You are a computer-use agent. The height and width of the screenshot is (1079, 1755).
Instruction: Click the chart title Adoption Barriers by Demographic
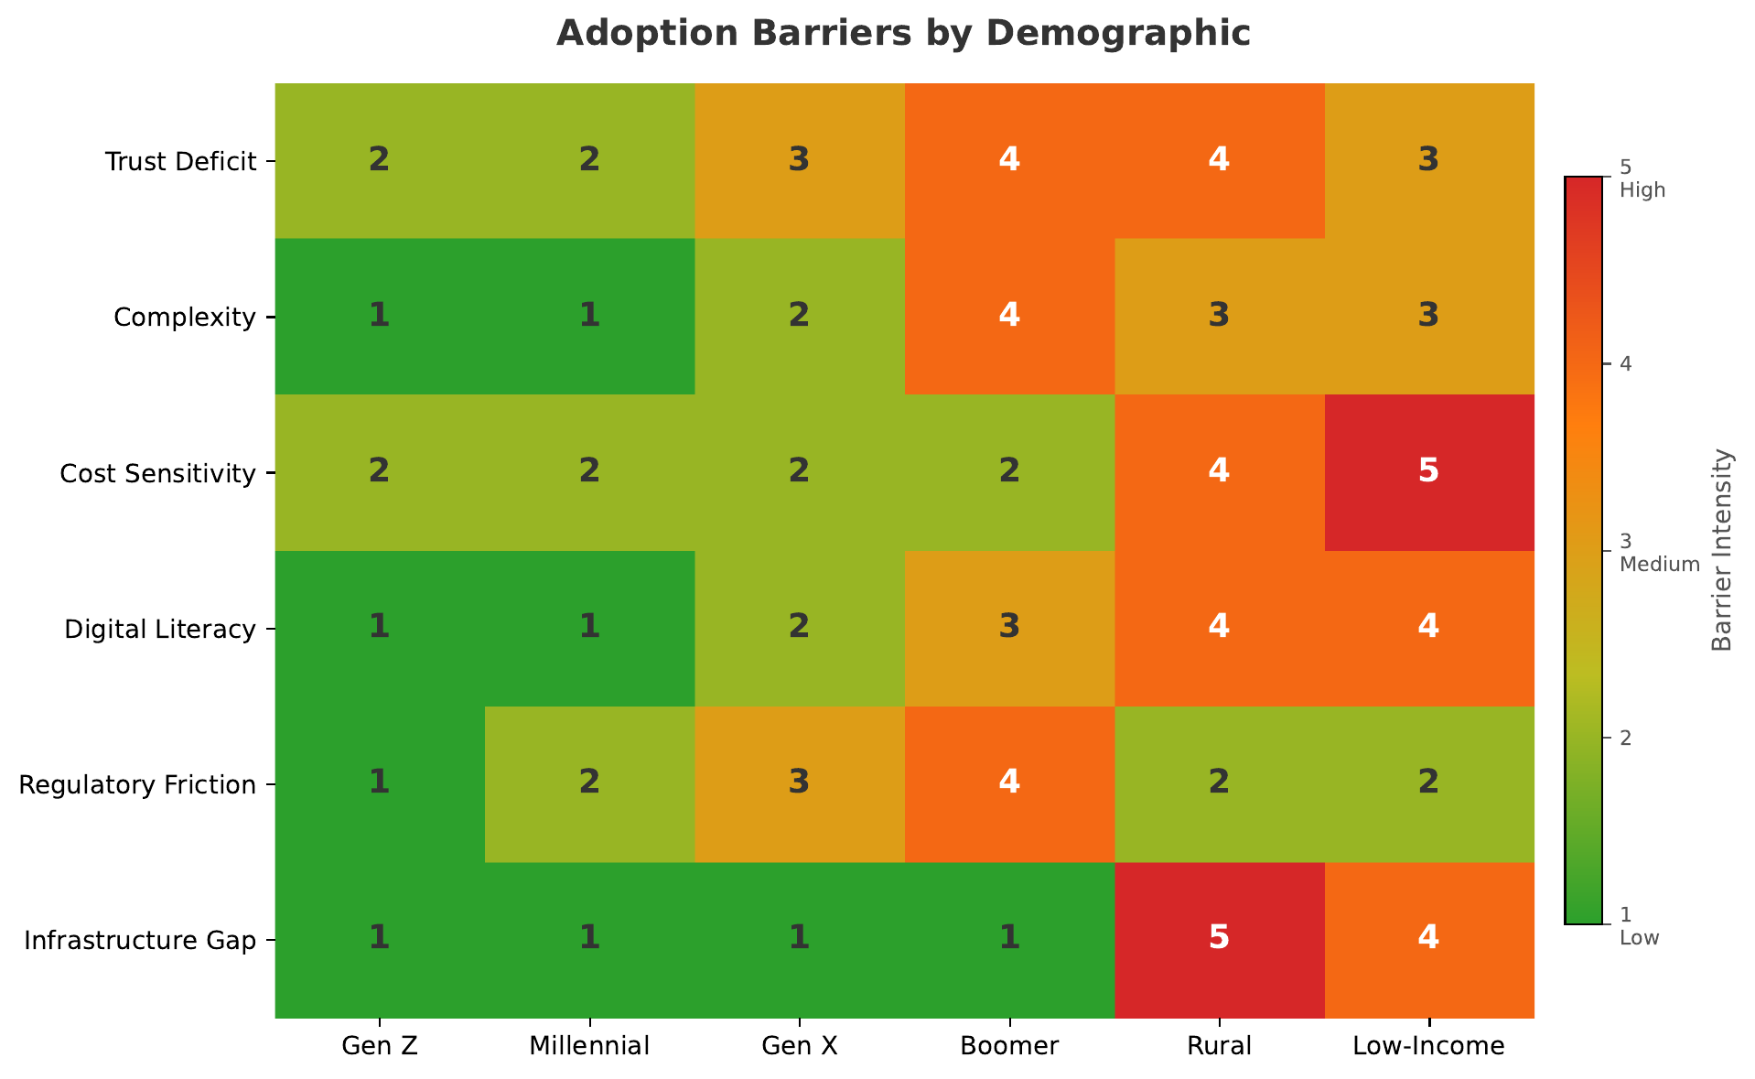tap(903, 33)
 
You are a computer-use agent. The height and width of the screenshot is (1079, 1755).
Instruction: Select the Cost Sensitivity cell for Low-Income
tap(1429, 472)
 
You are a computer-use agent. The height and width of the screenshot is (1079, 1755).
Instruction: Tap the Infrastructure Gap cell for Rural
tap(1219, 940)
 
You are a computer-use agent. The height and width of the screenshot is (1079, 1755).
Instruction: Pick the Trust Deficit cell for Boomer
tap(1009, 160)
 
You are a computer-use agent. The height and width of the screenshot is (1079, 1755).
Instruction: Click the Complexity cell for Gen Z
tap(379, 317)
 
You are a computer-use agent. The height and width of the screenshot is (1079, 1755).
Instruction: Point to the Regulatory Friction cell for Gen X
tap(799, 784)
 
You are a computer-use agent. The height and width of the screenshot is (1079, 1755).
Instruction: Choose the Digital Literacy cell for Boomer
tap(1009, 629)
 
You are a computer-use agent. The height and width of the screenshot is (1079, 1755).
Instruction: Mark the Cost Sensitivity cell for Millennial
tap(589, 472)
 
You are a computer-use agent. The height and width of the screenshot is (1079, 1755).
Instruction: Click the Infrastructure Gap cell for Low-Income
tap(1429, 940)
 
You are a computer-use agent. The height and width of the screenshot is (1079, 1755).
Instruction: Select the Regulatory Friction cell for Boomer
tap(1009, 784)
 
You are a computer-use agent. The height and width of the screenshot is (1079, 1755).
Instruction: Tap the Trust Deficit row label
tap(179, 162)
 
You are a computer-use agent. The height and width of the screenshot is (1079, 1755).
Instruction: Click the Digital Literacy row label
tap(159, 630)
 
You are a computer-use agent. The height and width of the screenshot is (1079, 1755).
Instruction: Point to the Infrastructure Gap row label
tap(139, 941)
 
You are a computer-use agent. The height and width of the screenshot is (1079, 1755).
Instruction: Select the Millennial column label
tap(589, 1046)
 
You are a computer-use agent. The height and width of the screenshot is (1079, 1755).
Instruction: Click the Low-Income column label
tap(1428, 1046)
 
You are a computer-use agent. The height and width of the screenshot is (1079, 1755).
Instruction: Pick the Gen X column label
tap(799, 1046)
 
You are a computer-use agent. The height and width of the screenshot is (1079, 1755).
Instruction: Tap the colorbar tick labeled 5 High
tap(1642, 179)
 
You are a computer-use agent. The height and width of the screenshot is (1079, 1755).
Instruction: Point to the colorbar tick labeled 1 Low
tap(1639, 926)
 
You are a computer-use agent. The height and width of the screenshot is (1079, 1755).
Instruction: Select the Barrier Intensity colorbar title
tap(1721, 550)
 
